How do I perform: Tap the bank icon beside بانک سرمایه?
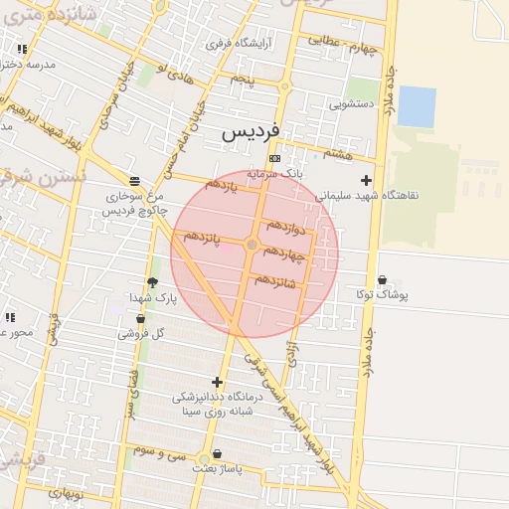click(274, 159)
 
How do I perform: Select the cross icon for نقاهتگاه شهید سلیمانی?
click(367, 180)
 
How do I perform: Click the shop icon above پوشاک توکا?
click(383, 280)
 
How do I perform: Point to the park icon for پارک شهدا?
click(152, 282)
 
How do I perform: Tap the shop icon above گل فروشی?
click(139, 319)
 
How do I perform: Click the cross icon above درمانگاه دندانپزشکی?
click(217, 382)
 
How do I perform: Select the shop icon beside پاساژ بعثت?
click(203, 458)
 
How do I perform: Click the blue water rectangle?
click(416, 106)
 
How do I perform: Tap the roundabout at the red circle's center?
click(253, 245)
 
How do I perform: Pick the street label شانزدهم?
click(275, 280)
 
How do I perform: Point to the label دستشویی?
click(351, 101)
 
